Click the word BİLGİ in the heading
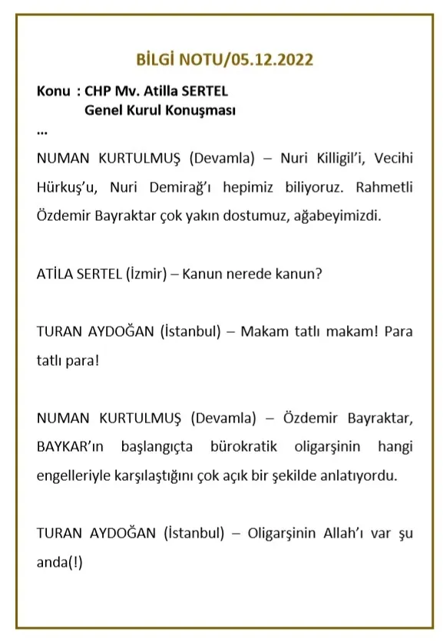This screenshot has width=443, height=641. (x=155, y=59)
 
